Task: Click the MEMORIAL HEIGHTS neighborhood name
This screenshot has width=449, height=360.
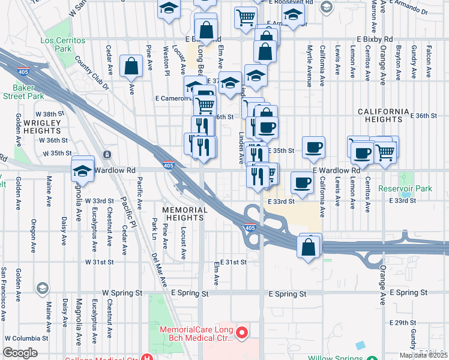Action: tap(184, 214)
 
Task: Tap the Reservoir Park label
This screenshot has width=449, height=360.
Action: tap(405, 188)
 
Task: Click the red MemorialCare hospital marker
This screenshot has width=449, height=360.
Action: tap(242, 332)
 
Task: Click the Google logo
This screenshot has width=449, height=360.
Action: tap(20, 353)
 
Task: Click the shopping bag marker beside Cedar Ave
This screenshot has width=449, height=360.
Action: tap(131, 67)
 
